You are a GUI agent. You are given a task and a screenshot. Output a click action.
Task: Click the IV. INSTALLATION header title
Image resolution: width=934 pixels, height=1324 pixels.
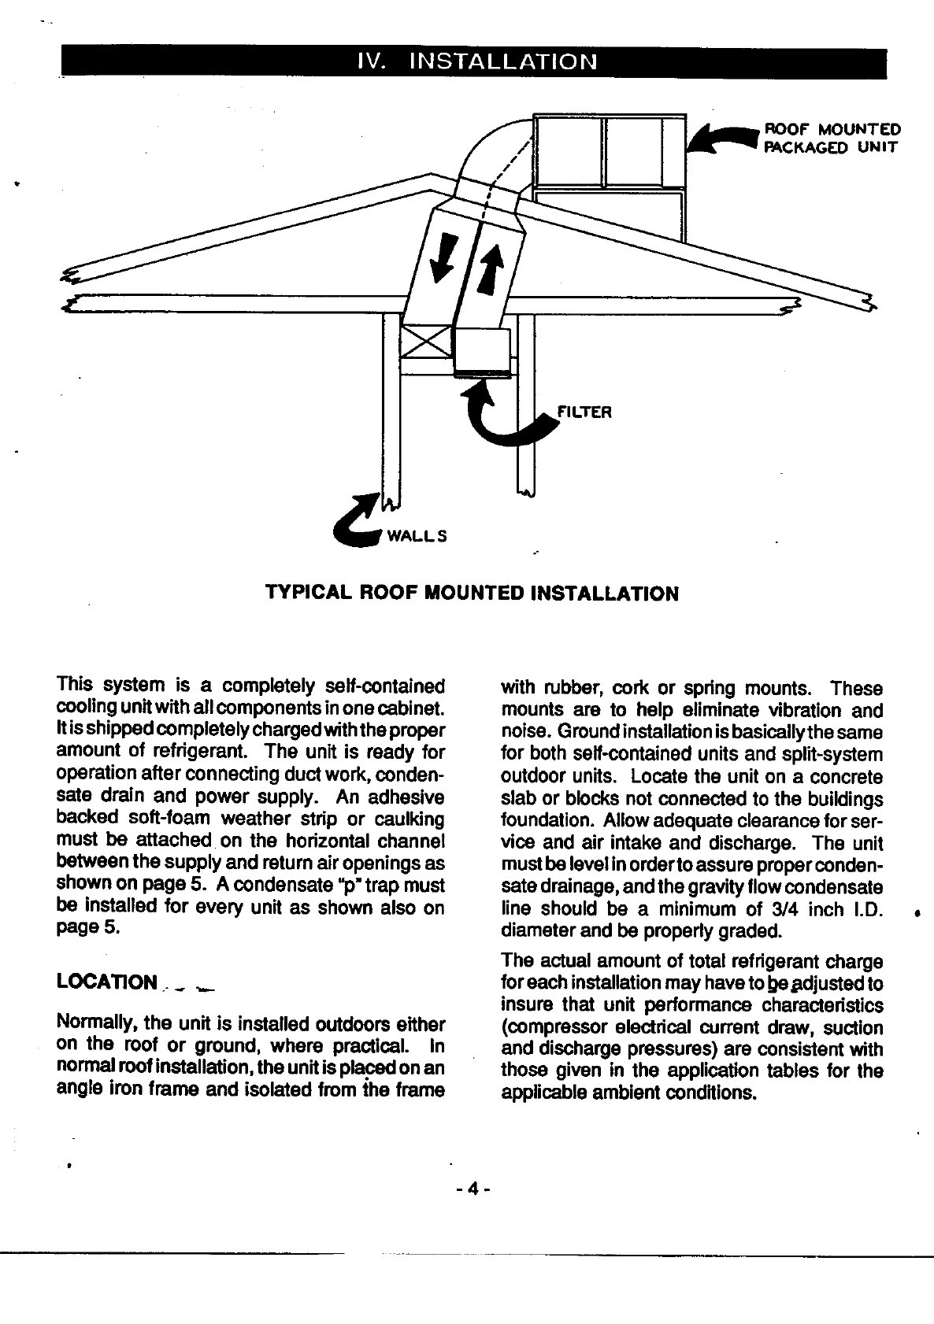pyautogui.click(x=476, y=61)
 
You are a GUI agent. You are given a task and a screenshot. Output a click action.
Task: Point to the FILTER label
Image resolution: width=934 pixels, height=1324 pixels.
pyautogui.click(x=584, y=412)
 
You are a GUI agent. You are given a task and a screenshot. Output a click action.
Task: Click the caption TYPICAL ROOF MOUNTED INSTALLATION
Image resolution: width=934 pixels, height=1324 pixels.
pyautogui.click(x=472, y=594)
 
